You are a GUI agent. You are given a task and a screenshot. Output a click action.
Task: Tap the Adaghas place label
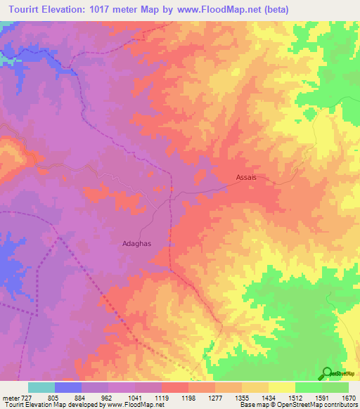pos(137,243)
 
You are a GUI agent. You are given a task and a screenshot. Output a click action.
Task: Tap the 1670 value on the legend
pos(349,397)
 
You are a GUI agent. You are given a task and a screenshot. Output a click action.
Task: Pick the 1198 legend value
pos(188,397)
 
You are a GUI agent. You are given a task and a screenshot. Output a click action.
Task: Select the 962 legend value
pos(108,397)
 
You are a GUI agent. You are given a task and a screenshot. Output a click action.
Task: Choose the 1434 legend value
pos(269,397)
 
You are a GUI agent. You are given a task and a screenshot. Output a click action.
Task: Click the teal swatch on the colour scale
pos(41,387)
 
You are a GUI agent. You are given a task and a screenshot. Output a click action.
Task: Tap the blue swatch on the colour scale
pos(67,387)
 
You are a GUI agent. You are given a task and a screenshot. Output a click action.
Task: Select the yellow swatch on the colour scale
pos(281,387)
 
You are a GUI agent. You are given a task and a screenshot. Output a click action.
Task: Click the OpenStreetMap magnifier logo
pos(328,373)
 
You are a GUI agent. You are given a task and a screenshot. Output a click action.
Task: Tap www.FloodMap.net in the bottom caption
pos(139,405)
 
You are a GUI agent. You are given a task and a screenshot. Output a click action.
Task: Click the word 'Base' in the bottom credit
pos(246,405)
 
